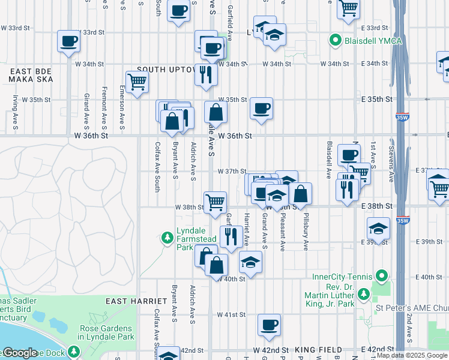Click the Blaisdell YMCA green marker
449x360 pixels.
point(335,41)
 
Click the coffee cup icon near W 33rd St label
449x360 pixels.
point(68,41)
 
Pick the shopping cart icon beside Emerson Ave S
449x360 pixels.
point(137,82)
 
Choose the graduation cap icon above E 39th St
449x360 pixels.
point(378,228)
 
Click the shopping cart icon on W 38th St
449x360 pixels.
point(215,202)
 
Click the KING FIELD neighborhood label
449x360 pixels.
point(319,349)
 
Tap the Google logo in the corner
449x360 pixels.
point(19,353)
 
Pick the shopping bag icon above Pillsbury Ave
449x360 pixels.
point(301,193)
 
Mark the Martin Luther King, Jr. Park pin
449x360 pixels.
point(363,294)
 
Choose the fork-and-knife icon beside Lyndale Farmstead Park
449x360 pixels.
point(231,236)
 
